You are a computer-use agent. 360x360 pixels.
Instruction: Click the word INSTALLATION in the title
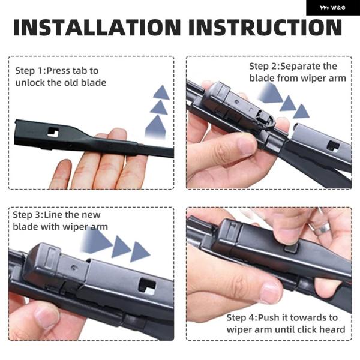click(x=97, y=28)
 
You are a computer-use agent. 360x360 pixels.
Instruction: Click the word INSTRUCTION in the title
click(x=265, y=28)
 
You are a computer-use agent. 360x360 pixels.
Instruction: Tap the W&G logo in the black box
click(x=332, y=8)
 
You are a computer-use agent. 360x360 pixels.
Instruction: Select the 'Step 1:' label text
click(x=31, y=71)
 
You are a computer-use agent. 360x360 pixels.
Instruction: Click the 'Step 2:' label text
click(x=265, y=67)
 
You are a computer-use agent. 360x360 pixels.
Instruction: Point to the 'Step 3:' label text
click(x=28, y=215)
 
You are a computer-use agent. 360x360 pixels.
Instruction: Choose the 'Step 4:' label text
click(x=242, y=318)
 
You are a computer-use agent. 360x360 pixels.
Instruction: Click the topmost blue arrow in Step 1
click(x=161, y=92)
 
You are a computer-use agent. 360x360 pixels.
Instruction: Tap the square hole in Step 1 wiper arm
click(x=53, y=133)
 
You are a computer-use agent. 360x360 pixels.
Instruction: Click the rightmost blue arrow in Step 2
click(x=301, y=112)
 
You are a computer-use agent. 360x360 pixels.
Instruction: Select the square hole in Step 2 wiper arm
click(x=333, y=146)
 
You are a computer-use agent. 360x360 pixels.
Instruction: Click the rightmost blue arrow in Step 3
click(x=140, y=252)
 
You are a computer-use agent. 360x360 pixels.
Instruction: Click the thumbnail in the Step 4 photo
click(x=271, y=293)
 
